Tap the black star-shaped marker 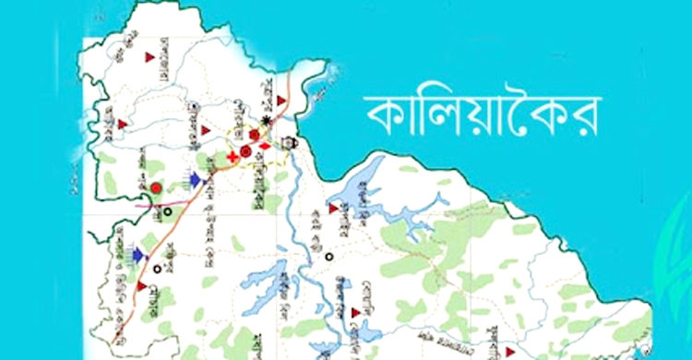pos(267,120)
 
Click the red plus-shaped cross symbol pos(231,158)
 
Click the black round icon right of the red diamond pos(292,141)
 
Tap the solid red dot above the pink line pos(156,188)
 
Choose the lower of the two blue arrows pos(138,254)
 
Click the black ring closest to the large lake pos(328,258)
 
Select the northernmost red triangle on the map pos(149,58)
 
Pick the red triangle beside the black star pos(280,100)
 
